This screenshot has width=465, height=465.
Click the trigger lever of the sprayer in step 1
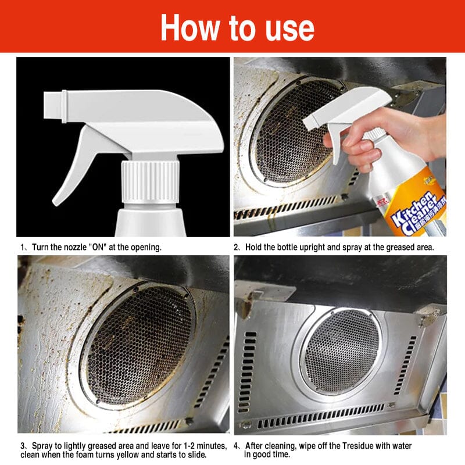[76, 169]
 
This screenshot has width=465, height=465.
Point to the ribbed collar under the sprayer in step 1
[149, 181]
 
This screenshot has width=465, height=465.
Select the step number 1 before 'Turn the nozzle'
[23, 247]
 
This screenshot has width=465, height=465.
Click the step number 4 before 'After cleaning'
[237, 446]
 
